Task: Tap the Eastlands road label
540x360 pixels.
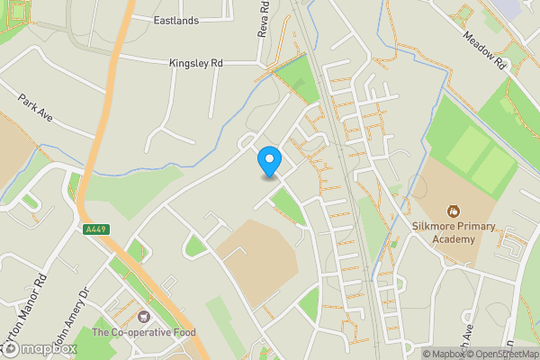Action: pyautogui.click(x=175, y=20)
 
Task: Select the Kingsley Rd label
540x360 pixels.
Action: pyautogui.click(x=195, y=63)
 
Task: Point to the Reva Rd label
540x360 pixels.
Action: pyautogui.click(x=264, y=18)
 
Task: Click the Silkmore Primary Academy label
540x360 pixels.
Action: pyautogui.click(x=454, y=233)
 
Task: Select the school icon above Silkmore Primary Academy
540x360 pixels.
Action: pyautogui.click(x=454, y=211)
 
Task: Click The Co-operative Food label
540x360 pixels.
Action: pyautogui.click(x=144, y=333)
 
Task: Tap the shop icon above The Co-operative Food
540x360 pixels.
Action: pyautogui.click(x=143, y=316)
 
